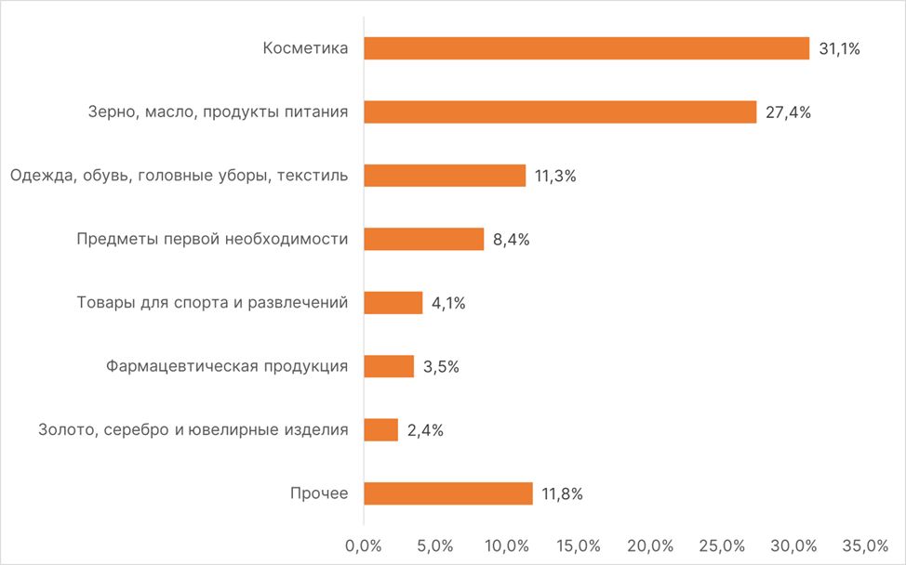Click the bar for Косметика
pyautogui.click(x=586, y=48)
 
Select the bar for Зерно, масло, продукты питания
pyautogui.click(x=560, y=112)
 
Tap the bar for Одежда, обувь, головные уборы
pyautogui.click(x=445, y=176)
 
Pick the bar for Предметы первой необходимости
pyautogui.click(x=423, y=239)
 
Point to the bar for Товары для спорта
pyautogui.click(x=393, y=303)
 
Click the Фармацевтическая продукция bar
pyautogui.click(x=389, y=366)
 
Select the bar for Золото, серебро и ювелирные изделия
pyautogui.click(x=380, y=429)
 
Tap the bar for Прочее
pyautogui.click(x=447, y=493)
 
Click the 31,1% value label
pyautogui.click(x=839, y=49)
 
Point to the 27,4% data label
pyautogui.click(x=787, y=112)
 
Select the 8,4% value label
pyautogui.click(x=511, y=240)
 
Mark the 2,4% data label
pyautogui.click(x=425, y=430)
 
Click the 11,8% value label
pyautogui.click(x=562, y=494)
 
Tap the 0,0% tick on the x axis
pyautogui.click(x=363, y=545)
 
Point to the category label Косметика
pyautogui.click(x=305, y=49)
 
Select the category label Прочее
pyautogui.click(x=319, y=493)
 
